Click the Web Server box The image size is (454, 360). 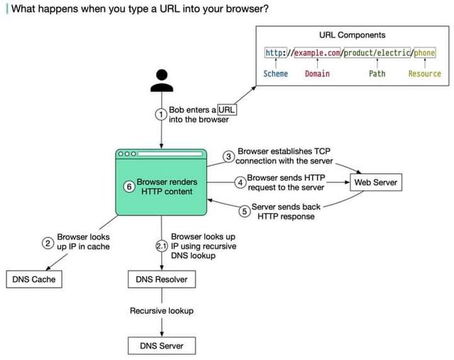pos(376,182)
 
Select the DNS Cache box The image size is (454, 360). pos(34,279)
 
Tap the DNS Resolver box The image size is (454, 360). pos(162,279)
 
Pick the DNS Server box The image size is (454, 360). pos(162,346)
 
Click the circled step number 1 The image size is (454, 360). pos(161,115)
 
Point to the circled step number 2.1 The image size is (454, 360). pos(162,246)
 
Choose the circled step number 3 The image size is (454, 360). pos(228,157)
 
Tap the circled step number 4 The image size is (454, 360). pos(240,182)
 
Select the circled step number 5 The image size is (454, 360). pos(244,211)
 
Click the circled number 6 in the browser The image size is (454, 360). pos(129,186)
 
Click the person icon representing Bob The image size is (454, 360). pos(162,81)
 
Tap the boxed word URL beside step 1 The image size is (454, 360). pos(227,110)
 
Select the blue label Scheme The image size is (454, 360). pos(276,74)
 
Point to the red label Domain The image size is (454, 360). pos(317,74)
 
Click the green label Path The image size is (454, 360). pos(377,74)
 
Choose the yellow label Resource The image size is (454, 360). pos(425,74)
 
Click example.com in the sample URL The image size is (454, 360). pos(317,52)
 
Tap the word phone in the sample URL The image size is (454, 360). pos(425,52)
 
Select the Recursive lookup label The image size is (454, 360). pos(162,311)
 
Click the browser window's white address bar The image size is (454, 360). pos(170,154)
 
